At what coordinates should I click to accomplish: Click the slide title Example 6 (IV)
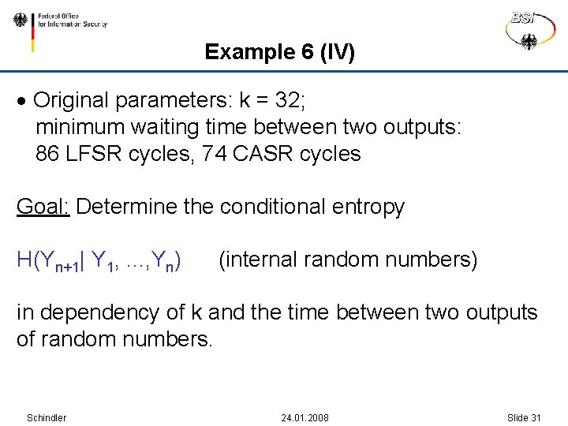(x=279, y=52)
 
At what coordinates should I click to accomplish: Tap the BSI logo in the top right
(x=529, y=29)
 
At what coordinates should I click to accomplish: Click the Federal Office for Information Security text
(x=72, y=20)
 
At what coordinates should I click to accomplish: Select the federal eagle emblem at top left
(x=20, y=21)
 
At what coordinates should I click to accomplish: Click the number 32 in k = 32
(x=288, y=101)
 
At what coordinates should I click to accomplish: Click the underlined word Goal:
(x=43, y=207)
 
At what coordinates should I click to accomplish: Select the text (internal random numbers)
(x=347, y=260)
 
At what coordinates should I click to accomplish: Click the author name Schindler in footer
(x=47, y=417)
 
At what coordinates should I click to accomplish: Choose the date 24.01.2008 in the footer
(x=305, y=417)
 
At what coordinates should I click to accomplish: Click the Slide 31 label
(x=524, y=417)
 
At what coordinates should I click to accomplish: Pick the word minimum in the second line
(x=80, y=127)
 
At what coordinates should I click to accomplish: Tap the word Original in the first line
(x=72, y=101)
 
